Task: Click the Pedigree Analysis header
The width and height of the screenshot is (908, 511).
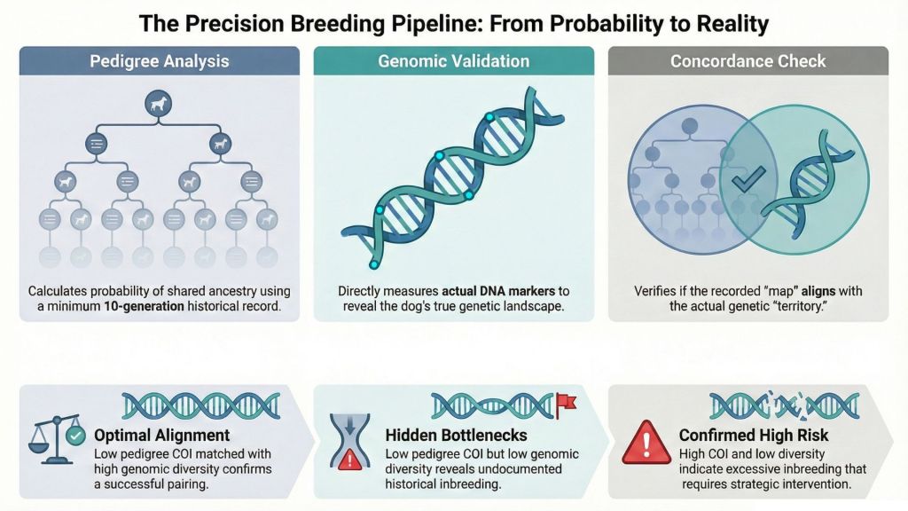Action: click(160, 61)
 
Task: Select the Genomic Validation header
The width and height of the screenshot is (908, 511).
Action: click(453, 61)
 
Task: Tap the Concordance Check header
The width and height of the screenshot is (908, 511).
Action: click(748, 61)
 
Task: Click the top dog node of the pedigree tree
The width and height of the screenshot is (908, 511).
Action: click(158, 105)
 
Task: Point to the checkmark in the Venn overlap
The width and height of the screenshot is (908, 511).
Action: click(748, 178)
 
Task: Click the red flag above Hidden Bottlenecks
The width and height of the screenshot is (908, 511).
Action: click(566, 405)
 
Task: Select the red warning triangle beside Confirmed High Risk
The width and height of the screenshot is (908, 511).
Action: click(646, 444)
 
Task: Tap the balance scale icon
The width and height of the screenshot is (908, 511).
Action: click(53, 439)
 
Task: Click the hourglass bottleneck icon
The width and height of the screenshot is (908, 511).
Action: click(349, 441)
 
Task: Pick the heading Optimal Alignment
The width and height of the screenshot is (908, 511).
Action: click(161, 435)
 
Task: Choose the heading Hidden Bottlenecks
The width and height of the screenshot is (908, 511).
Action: click(457, 435)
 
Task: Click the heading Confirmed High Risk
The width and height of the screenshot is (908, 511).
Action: click(754, 435)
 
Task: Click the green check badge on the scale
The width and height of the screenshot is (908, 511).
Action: click(75, 436)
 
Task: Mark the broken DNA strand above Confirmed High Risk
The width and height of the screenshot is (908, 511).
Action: click(785, 405)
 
